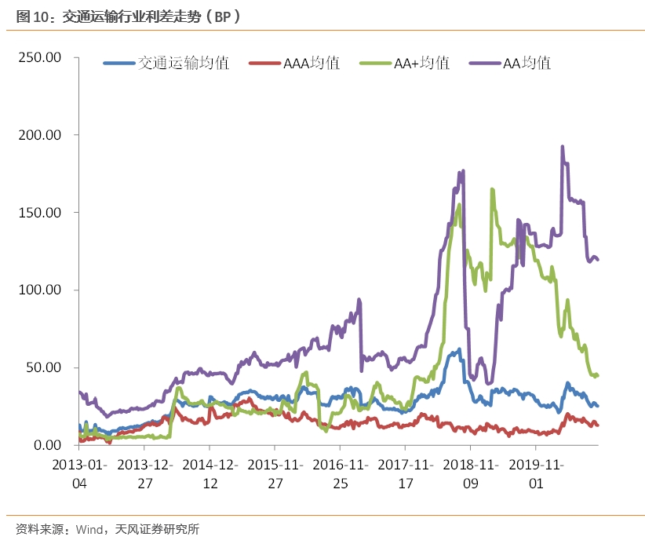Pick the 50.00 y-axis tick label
[43, 367]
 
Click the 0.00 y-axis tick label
[46, 445]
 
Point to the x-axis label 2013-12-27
[145, 473]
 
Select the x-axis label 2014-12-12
[210, 473]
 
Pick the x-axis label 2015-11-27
[275, 473]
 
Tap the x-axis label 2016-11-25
[341, 473]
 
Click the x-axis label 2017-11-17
[406, 473]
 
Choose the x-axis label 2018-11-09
[471, 473]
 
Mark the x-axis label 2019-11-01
[536, 473]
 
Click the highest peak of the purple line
[562, 146]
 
